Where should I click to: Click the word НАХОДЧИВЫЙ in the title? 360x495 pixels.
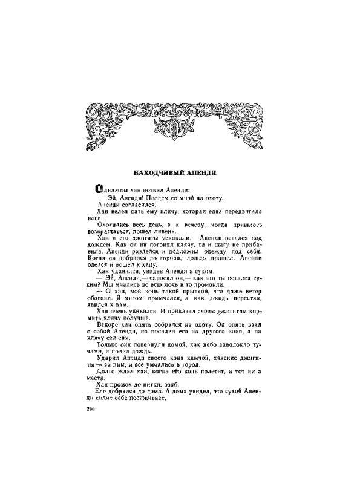coord(157,172)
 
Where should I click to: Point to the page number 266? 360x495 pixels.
coord(92,409)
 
